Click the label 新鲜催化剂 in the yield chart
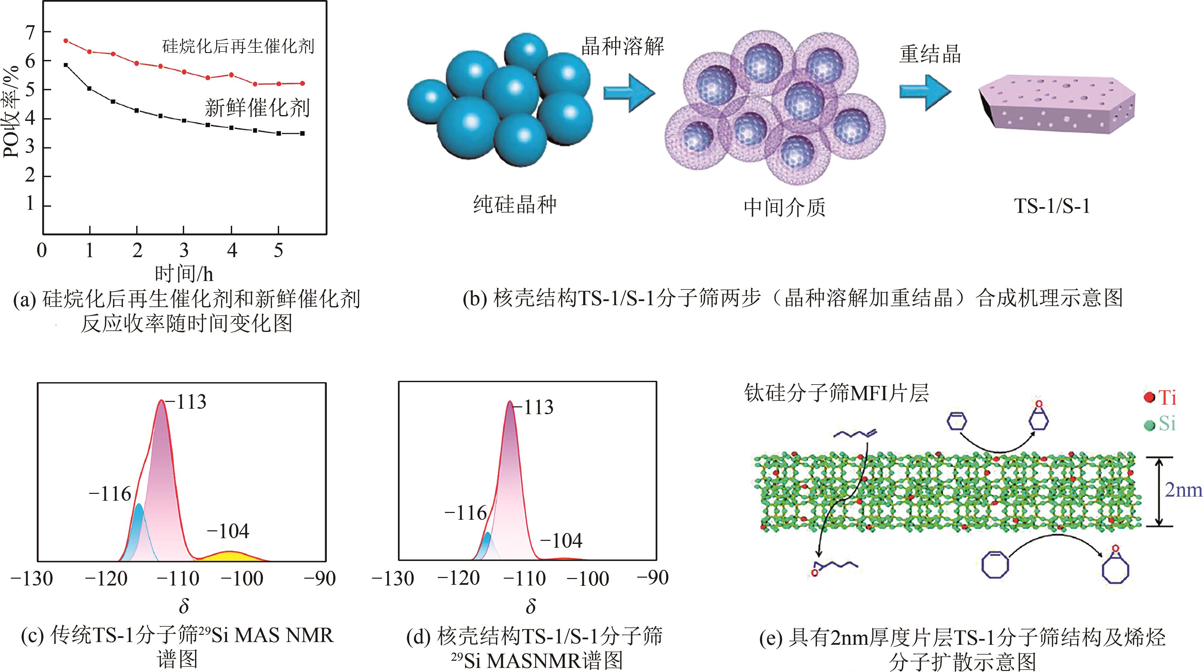coord(257,108)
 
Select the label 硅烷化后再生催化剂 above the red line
coord(238,47)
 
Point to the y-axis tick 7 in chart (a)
coord(30,32)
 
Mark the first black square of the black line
coord(66,65)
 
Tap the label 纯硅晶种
coord(515,205)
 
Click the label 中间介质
coord(785,207)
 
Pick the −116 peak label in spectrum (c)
coord(110,494)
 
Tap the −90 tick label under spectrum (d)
coord(653,578)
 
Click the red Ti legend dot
coord(1149,398)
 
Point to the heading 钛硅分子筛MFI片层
coord(836,393)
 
